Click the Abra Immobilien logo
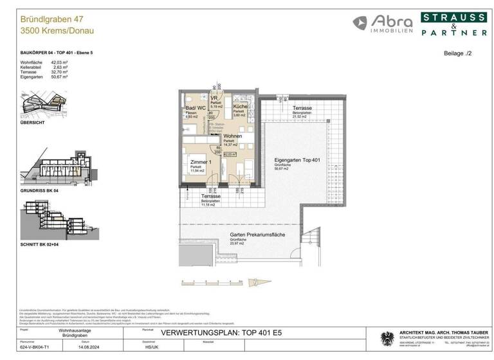(382, 24)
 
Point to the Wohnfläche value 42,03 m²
(60, 62)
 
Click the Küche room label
(240, 107)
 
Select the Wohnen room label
(233, 136)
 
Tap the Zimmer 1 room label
(201, 163)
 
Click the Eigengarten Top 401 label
(297, 160)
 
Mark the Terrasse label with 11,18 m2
(210, 197)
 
